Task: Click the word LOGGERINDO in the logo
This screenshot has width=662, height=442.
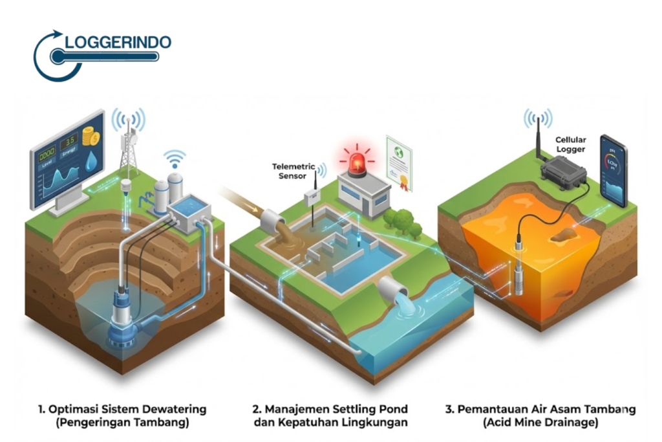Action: click(x=118, y=43)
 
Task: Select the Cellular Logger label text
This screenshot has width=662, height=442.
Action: click(x=570, y=144)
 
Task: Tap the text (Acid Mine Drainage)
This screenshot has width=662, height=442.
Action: click(x=540, y=423)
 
